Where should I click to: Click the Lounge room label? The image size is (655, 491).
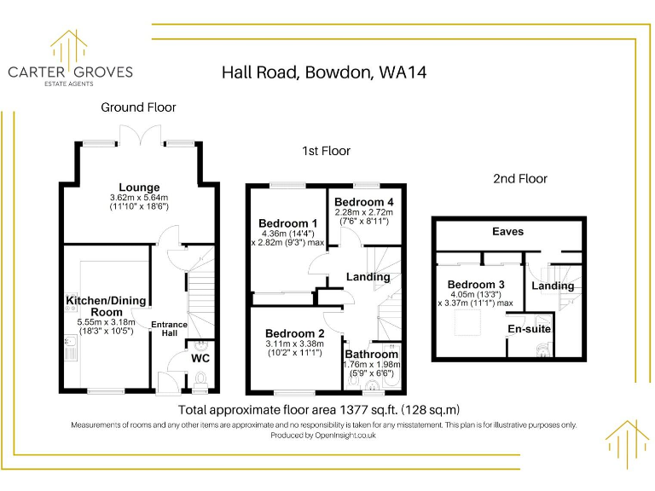click(x=138, y=188)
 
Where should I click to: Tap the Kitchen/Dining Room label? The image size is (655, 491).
click(x=106, y=306)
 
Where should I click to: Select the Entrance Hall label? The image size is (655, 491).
click(x=169, y=329)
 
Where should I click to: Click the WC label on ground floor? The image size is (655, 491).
click(x=200, y=359)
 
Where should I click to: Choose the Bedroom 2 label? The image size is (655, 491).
click(x=294, y=333)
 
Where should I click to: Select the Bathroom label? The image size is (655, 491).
click(x=371, y=354)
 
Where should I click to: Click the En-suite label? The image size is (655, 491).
click(x=530, y=328)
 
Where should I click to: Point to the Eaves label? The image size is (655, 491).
click(x=507, y=231)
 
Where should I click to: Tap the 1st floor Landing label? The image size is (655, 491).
click(x=368, y=277)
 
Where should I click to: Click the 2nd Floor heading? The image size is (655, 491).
click(x=519, y=179)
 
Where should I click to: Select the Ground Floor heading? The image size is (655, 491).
click(x=138, y=107)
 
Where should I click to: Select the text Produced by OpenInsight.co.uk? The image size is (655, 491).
click(x=323, y=435)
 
